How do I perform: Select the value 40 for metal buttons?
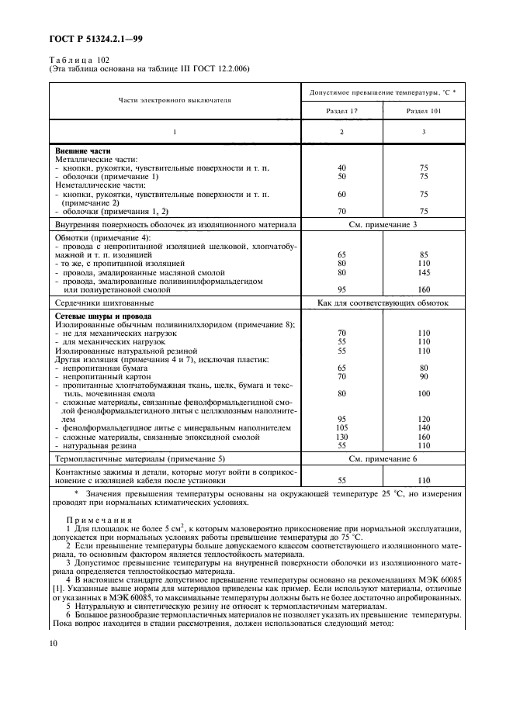(341, 168)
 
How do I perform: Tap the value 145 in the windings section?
(424, 271)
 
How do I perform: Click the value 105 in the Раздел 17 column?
(341, 427)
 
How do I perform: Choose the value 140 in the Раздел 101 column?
(424, 427)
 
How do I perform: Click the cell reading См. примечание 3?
(383, 224)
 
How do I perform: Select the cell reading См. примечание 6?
(383, 459)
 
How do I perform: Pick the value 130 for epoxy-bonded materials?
(341, 437)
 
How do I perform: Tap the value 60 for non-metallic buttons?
(341, 194)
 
